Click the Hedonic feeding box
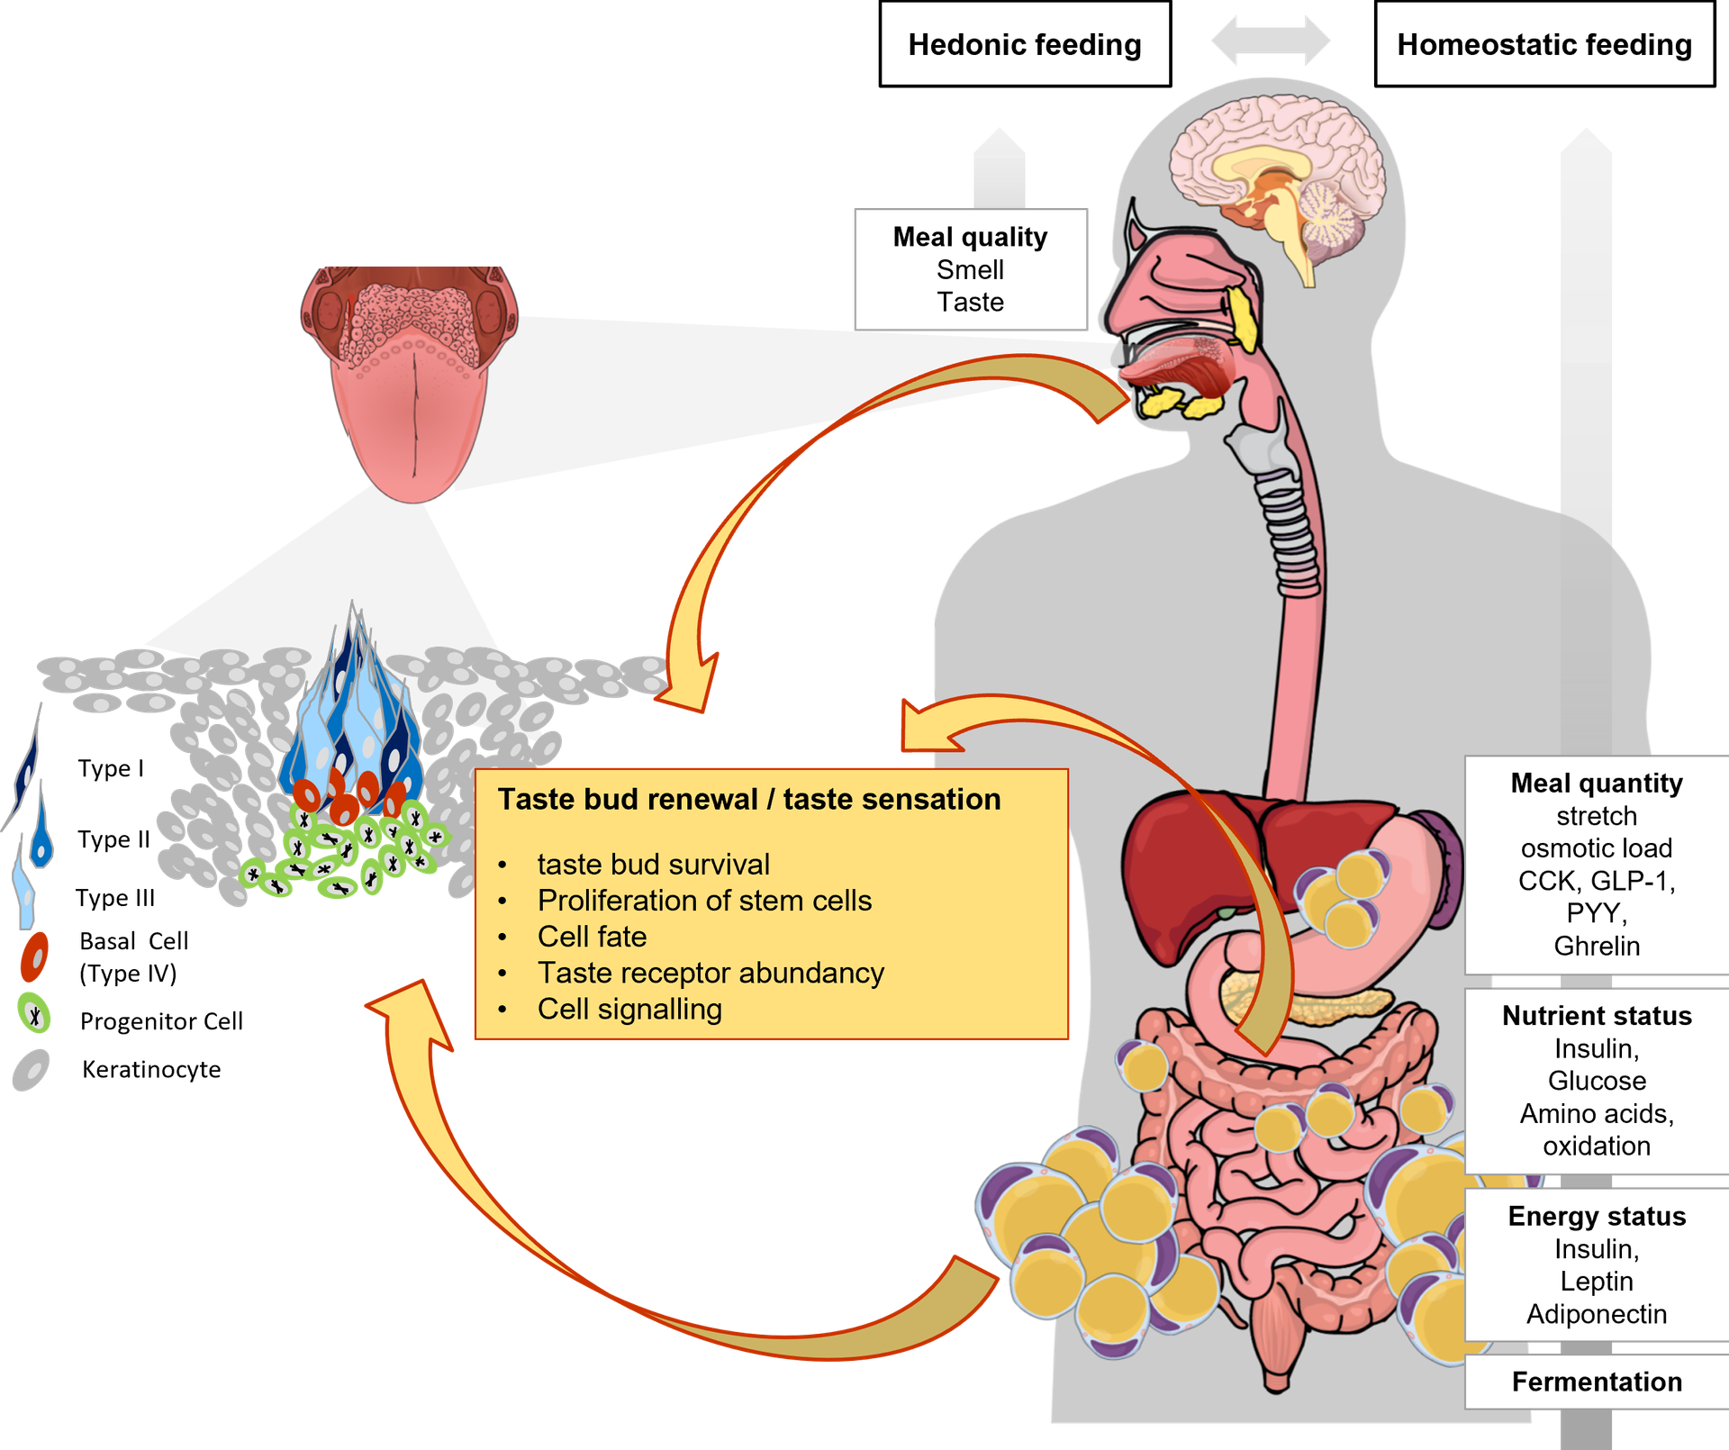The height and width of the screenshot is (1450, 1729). point(1024,44)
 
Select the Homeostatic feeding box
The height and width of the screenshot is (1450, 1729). point(1543,44)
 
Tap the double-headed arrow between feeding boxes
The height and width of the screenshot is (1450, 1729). point(1270,41)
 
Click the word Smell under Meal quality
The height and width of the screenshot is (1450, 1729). point(970,269)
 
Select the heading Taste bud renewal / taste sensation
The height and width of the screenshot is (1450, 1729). point(749,799)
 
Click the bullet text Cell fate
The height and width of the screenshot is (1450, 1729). point(592,937)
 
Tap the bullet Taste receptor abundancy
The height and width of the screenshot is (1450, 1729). point(711,973)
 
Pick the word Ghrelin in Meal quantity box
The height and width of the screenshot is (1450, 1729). point(1597,946)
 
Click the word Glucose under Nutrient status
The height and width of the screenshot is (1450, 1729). point(1597,1081)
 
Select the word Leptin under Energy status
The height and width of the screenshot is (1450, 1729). point(1597,1281)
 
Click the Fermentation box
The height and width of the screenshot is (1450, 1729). point(1597,1382)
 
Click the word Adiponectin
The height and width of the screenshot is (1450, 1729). point(1597,1314)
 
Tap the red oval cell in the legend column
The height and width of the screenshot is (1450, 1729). point(34,956)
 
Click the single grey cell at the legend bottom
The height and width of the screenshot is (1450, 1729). point(32,1070)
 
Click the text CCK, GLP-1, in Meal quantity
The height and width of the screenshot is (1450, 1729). point(1597,881)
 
